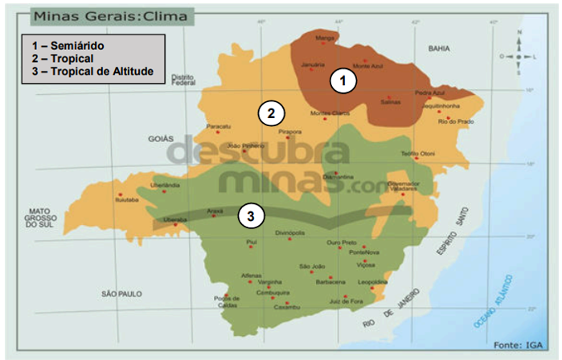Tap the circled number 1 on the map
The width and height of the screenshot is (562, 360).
(x=343, y=80)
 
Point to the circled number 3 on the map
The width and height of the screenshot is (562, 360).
(x=252, y=215)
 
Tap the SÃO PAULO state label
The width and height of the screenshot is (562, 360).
(x=121, y=294)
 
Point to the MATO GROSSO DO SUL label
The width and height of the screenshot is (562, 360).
(x=37, y=218)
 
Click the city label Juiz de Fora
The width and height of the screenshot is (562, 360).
(x=347, y=301)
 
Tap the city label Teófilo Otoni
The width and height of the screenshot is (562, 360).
(x=417, y=153)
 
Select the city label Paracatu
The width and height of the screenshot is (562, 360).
(x=219, y=126)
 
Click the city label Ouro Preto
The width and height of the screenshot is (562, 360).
(x=341, y=242)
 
